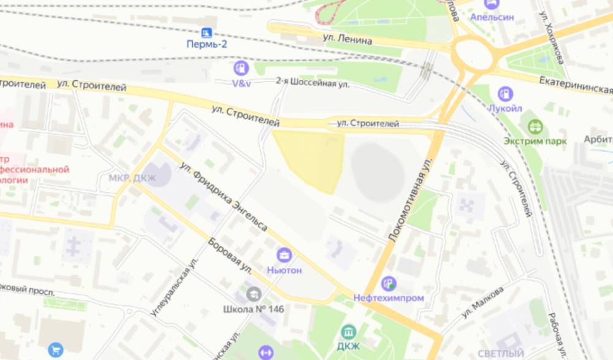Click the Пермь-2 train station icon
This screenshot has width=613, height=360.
tap(207, 32)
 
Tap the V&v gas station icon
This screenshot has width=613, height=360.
tap(241, 68)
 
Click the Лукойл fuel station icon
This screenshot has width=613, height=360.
tap(505, 94)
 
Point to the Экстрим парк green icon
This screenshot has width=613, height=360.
tap(535, 126)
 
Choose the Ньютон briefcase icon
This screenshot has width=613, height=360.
tap(284, 255)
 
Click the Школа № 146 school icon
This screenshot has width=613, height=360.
tap(253, 294)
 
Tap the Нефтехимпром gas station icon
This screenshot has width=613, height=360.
tap(388, 283)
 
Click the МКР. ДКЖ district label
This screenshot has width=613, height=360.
tap(132, 178)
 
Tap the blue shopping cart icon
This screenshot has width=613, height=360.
tap(56, 350)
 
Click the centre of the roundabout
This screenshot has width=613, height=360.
tap(474, 55)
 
